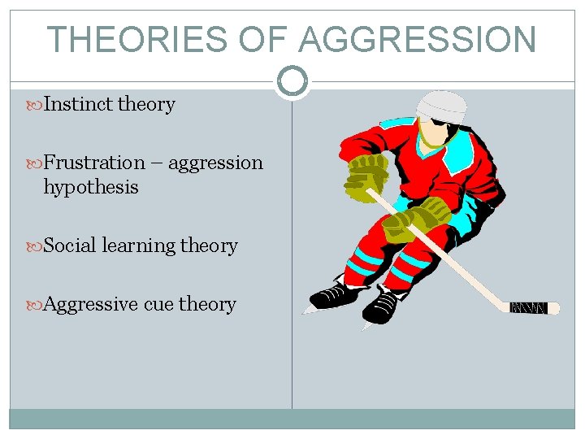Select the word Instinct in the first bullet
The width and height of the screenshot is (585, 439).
tap(78, 104)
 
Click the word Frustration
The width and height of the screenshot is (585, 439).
tap(93, 163)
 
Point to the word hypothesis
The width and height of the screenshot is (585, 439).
tap(91, 187)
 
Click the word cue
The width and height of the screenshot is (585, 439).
tap(158, 304)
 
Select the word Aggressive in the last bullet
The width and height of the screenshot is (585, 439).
tap(90, 304)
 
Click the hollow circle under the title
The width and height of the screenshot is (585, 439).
tap(292, 80)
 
